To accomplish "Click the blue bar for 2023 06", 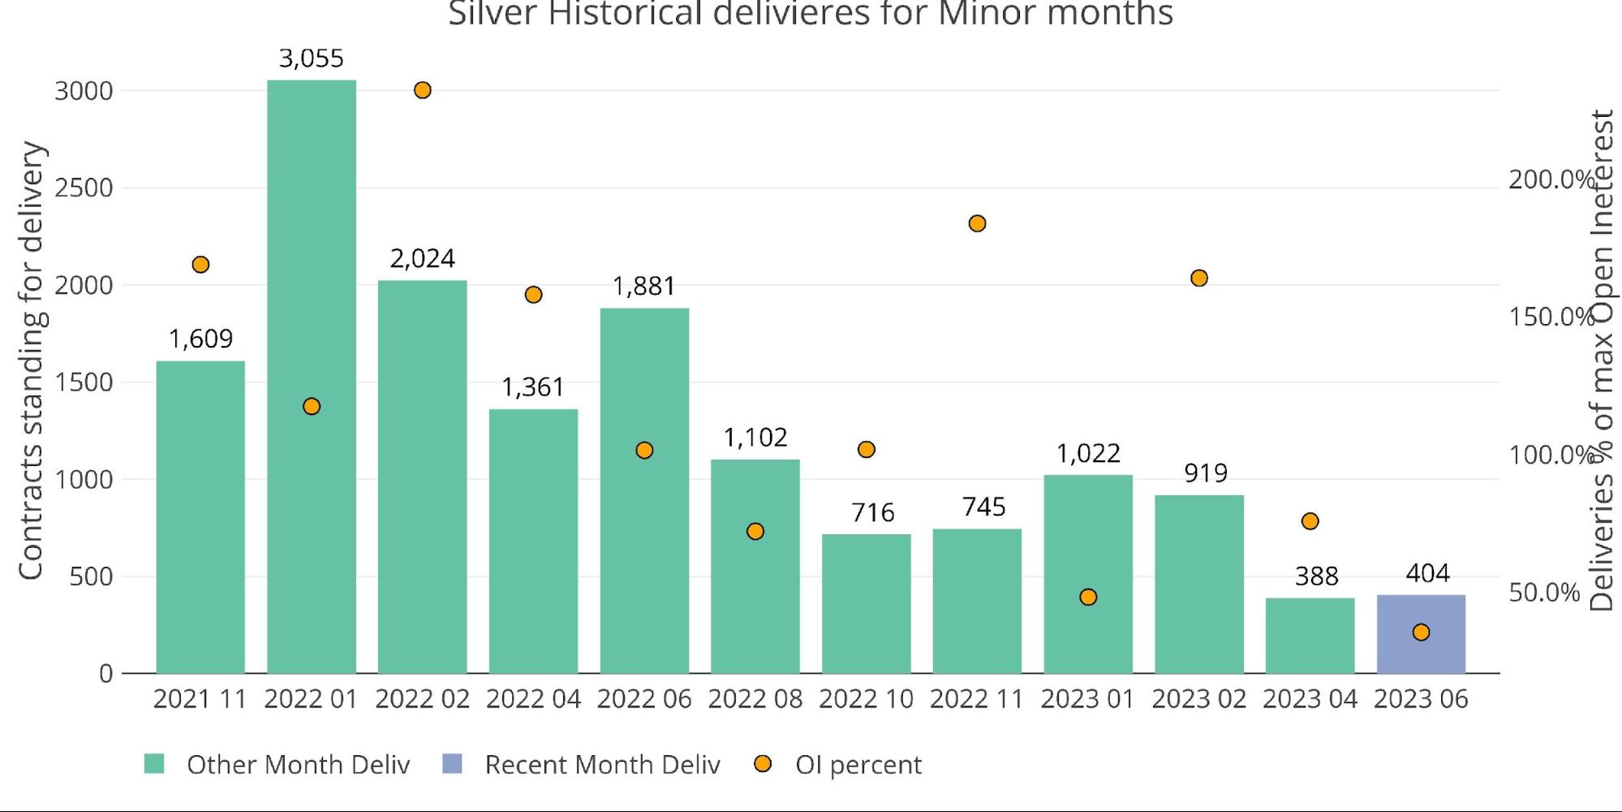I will [1421, 634].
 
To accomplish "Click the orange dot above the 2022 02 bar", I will [422, 90].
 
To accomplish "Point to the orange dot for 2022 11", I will [977, 223].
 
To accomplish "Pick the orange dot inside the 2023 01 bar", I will [1088, 598].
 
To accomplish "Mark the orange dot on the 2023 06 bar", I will [1421, 633].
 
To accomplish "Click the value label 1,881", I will [643, 287].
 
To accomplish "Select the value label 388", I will [1316, 577].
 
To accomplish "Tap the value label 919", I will [1205, 473].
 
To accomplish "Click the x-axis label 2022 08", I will [755, 699].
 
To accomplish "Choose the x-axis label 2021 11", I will [200, 699].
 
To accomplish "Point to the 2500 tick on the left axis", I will [84, 188].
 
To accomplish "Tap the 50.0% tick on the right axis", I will [1544, 593].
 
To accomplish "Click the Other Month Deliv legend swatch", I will [154, 764].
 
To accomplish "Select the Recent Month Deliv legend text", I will [602, 765].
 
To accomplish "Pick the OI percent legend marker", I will [763, 764].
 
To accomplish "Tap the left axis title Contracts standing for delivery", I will [31, 361].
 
